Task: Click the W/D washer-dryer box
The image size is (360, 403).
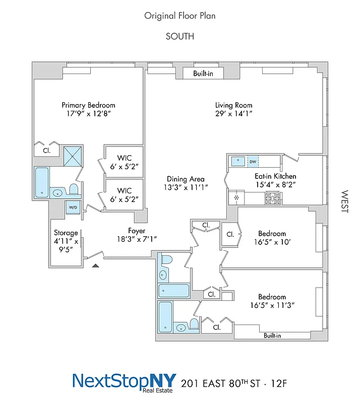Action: (x=73, y=207)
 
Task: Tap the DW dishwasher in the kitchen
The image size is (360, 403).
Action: (x=252, y=162)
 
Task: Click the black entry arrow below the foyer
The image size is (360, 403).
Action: (x=96, y=264)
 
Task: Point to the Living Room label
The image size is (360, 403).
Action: (x=233, y=105)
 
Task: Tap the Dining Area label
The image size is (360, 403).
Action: (x=186, y=179)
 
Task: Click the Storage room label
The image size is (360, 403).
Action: (x=66, y=233)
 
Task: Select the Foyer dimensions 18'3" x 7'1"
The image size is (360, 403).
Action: (x=137, y=239)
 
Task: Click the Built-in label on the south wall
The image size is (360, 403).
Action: (x=204, y=74)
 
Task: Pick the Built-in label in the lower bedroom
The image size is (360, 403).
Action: (x=272, y=335)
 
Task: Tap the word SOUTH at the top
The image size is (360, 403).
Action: (x=180, y=36)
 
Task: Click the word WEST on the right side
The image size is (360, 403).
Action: (x=345, y=201)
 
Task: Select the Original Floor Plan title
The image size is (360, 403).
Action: (x=180, y=16)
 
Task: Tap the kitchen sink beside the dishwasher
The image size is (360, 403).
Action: (x=237, y=162)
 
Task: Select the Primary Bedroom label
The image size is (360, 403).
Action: (x=88, y=105)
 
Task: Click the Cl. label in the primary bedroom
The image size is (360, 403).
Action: (x=46, y=150)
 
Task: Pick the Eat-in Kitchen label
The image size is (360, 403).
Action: (x=275, y=176)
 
